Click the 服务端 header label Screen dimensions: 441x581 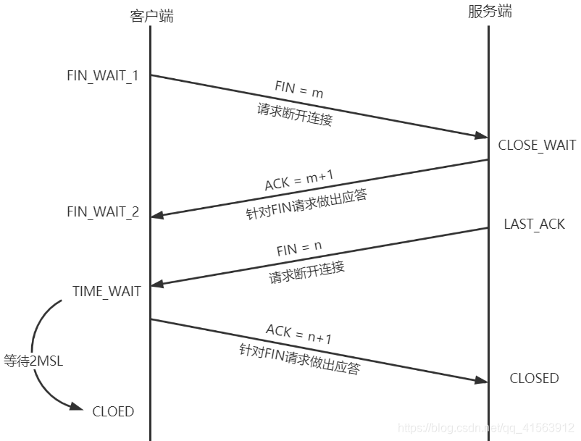point(490,12)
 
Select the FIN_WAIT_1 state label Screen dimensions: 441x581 point(102,76)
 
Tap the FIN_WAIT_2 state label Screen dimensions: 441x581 point(103,212)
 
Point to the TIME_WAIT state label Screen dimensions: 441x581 point(106,291)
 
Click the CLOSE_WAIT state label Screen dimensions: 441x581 point(537,145)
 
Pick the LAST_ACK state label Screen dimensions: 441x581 point(534,224)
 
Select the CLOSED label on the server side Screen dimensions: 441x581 point(534,378)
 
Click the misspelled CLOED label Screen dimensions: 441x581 point(113,411)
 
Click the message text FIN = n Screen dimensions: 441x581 point(298,249)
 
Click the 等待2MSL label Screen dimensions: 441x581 point(33,361)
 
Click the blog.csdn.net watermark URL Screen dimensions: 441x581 point(487,429)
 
